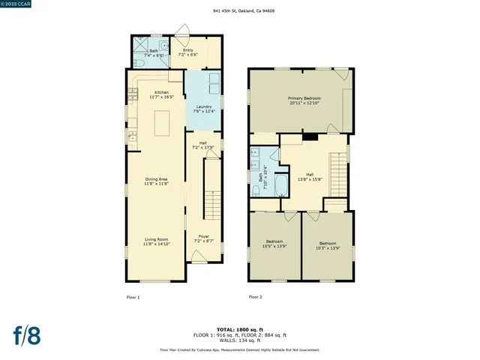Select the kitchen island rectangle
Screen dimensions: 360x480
(x=162, y=122)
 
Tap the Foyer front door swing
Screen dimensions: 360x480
(x=198, y=257)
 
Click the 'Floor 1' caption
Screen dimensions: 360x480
(x=133, y=298)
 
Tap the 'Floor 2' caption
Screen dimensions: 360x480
(x=255, y=297)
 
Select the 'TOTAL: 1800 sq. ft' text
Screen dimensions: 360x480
(x=239, y=330)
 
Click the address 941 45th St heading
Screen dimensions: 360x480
(x=239, y=11)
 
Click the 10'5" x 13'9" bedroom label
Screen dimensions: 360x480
(x=274, y=245)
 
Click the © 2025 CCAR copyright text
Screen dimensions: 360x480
(x=17, y=4)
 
